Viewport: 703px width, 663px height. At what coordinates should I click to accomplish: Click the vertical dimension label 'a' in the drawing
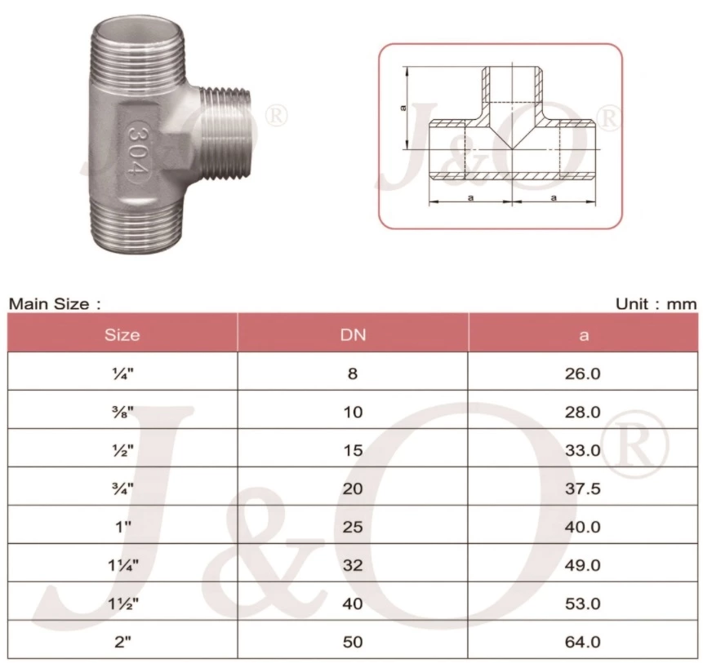(403, 108)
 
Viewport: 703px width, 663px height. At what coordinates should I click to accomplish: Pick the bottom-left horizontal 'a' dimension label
(469, 197)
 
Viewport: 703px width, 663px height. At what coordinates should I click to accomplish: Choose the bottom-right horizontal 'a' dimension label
(554, 197)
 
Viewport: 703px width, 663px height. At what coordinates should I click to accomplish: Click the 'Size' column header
(122, 334)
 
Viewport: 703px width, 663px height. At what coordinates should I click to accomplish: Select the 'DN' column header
(353, 334)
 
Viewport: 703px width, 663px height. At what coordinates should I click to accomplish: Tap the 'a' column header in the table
(583, 334)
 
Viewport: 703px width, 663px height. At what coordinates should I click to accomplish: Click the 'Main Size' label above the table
(54, 304)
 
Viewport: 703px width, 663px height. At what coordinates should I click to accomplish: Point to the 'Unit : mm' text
(656, 304)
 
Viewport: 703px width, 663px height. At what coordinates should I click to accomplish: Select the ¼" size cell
(122, 373)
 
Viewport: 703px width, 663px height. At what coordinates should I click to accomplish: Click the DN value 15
(353, 450)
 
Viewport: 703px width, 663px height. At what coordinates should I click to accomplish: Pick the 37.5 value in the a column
(583, 488)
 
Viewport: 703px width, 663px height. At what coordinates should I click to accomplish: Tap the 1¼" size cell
(122, 565)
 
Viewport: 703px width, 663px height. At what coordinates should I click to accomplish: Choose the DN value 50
(353, 642)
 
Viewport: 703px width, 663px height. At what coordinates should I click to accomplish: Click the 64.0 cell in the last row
(583, 642)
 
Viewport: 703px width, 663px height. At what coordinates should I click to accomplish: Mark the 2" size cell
(122, 642)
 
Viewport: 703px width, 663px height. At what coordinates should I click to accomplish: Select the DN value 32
(353, 565)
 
